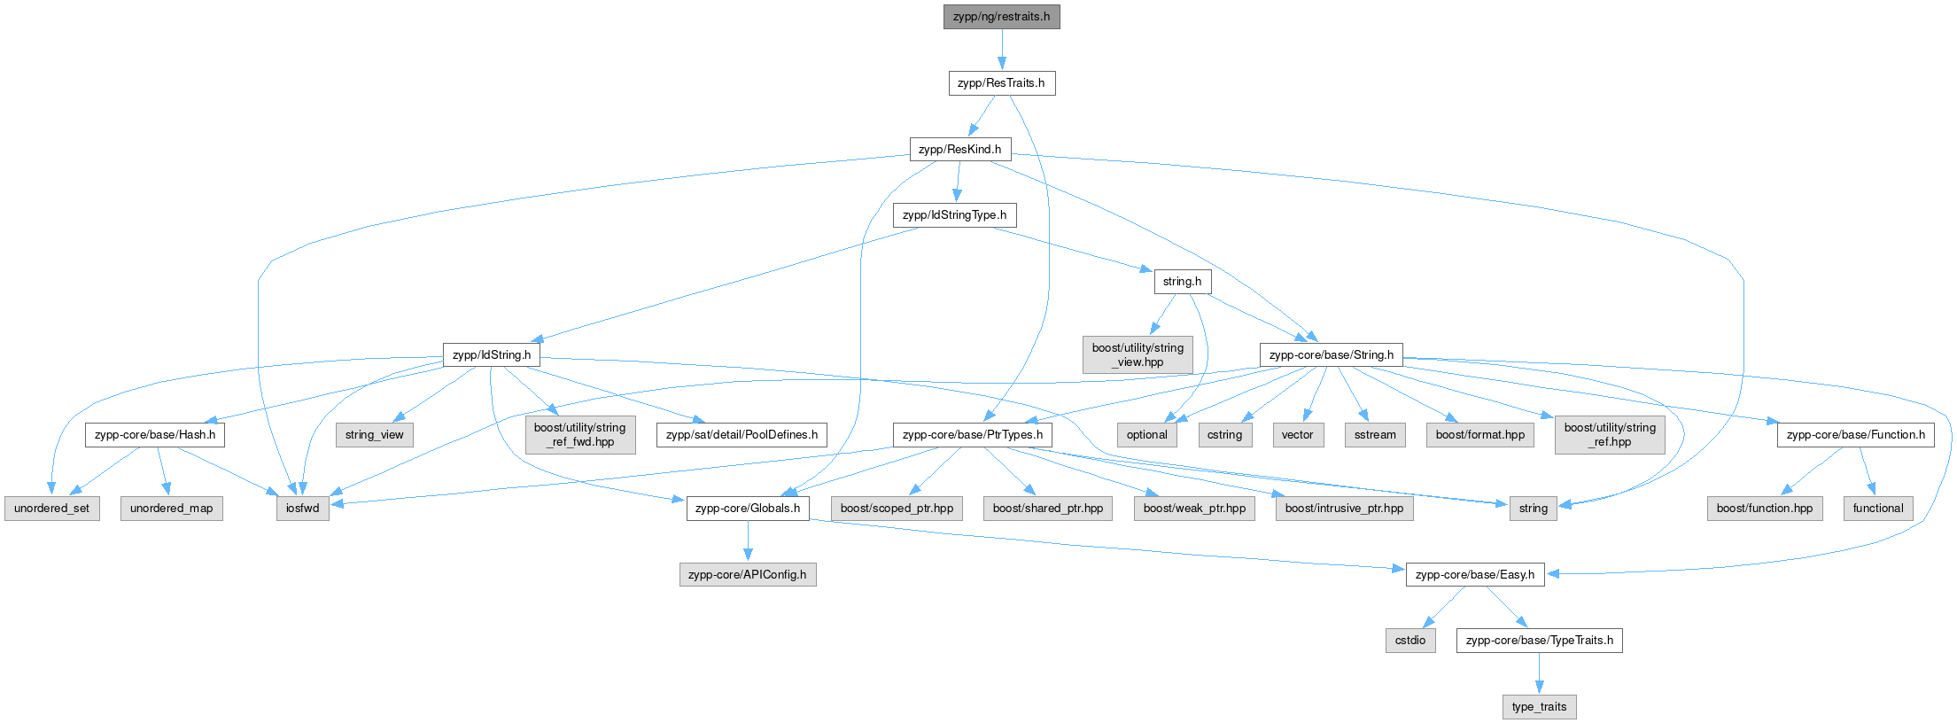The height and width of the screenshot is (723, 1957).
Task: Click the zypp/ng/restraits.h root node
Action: pyautogui.click(x=1001, y=17)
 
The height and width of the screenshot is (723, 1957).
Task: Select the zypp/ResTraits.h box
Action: pyautogui.click(x=1001, y=83)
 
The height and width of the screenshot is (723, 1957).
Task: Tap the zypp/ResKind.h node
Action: pyautogui.click(x=959, y=149)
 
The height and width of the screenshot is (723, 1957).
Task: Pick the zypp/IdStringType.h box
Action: pyautogui.click(x=954, y=215)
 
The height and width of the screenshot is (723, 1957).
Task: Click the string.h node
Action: pyautogui.click(x=1182, y=282)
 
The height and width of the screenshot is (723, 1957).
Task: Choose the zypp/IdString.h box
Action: pyautogui.click(x=492, y=355)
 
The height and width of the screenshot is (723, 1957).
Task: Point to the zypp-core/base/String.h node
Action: pyautogui.click(x=1331, y=355)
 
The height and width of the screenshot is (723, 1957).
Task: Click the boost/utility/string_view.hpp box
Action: pyautogui.click(x=1138, y=354)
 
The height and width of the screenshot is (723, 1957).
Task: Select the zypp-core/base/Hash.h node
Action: pyautogui.click(x=155, y=435)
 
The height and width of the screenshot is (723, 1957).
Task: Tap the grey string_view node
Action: pyautogui.click(x=374, y=435)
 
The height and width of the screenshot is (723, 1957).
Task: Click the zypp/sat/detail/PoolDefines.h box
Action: pyautogui.click(x=742, y=435)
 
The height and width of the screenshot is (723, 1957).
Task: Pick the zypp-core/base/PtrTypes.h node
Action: pyautogui.click(x=972, y=435)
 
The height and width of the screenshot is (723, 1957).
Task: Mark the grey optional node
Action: pyautogui.click(x=1146, y=435)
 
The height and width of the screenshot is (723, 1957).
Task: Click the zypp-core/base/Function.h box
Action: pyautogui.click(x=1855, y=435)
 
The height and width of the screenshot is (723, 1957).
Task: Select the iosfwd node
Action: pyautogui.click(x=302, y=509)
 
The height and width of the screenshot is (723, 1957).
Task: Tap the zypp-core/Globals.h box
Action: pyautogui.click(x=747, y=509)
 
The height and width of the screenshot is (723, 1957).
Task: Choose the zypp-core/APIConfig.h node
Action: pyautogui.click(x=747, y=575)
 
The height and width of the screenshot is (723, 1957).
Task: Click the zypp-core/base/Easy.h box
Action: pyautogui.click(x=1474, y=575)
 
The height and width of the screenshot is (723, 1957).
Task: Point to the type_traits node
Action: pyautogui.click(x=1539, y=707)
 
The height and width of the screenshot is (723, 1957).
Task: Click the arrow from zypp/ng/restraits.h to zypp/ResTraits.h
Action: pyautogui.click(x=1002, y=50)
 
